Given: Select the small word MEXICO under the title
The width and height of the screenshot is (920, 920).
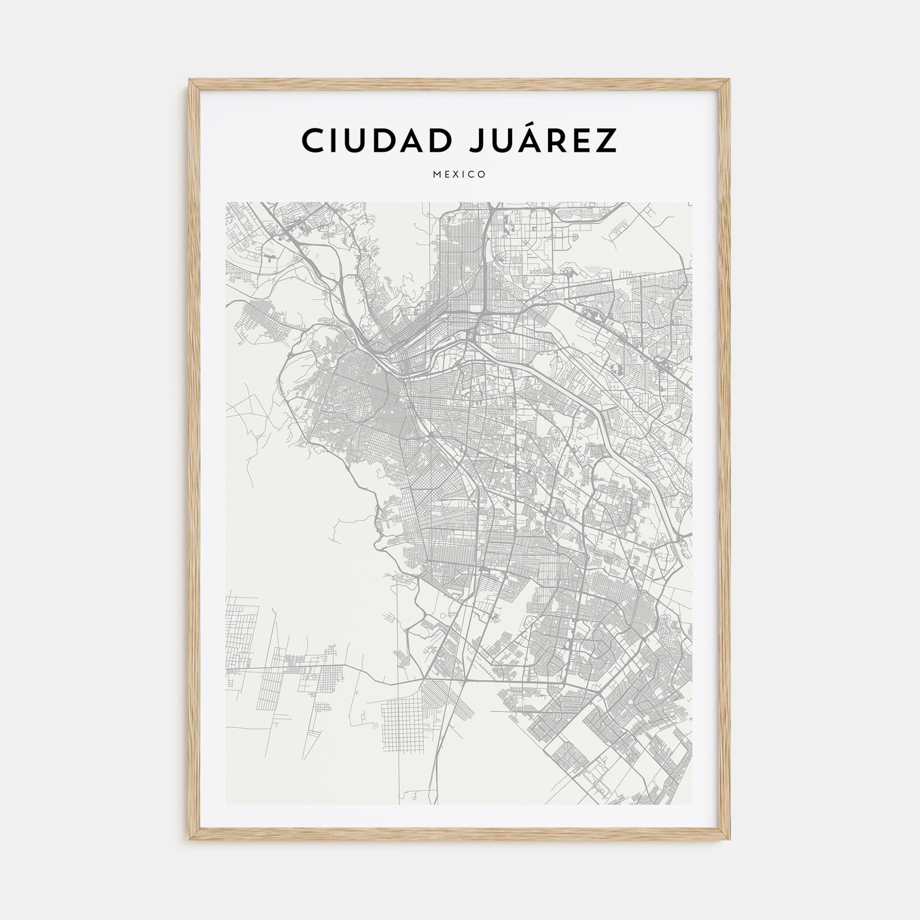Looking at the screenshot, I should click(x=460, y=174).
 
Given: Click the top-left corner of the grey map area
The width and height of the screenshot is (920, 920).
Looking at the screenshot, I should click(x=226, y=203).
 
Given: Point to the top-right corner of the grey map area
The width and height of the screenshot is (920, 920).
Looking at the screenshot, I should click(x=692, y=203).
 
